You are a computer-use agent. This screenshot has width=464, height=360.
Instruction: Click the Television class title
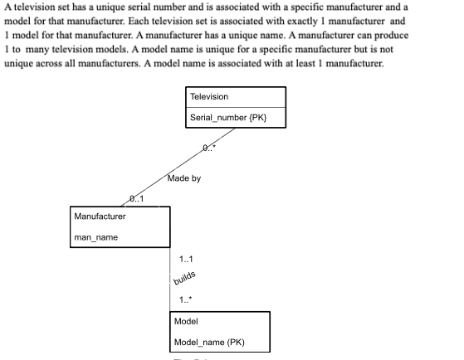click(208, 97)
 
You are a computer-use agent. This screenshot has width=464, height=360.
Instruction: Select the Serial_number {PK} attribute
click(227, 119)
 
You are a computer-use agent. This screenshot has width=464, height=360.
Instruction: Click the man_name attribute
click(95, 237)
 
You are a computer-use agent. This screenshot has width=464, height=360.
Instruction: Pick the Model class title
click(186, 320)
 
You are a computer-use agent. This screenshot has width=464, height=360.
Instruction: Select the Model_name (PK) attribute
click(209, 342)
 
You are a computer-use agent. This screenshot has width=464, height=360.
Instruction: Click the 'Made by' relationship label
click(183, 178)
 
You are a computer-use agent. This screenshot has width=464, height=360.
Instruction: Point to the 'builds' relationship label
click(184, 280)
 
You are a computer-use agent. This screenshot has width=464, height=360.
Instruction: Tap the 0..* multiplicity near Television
click(209, 148)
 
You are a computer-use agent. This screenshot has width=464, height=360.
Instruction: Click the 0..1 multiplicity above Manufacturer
click(136, 198)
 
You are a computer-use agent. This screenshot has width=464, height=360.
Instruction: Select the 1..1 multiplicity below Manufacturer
click(186, 260)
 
